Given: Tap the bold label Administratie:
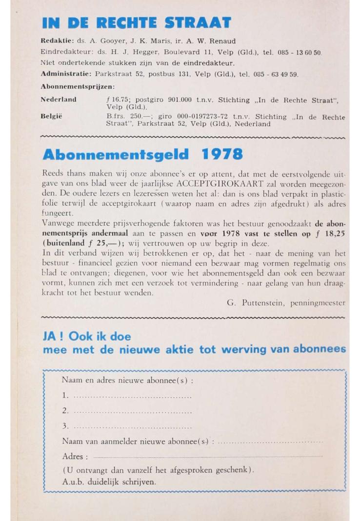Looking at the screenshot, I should point(66,75).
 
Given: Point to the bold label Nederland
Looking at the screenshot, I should point(58,100).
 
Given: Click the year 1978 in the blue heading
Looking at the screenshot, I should point(222,155).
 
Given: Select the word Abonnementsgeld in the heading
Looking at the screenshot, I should point(116,155).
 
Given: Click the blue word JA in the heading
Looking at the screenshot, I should point(51,337).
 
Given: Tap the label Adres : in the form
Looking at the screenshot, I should point(75,457).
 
